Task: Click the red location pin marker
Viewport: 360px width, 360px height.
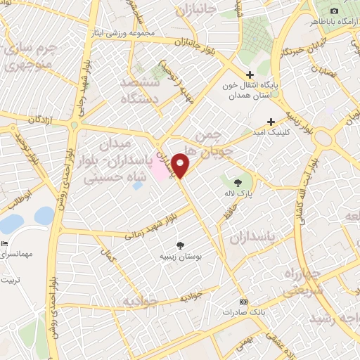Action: [181, 166]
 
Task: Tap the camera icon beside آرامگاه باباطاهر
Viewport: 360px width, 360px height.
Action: [334, 11]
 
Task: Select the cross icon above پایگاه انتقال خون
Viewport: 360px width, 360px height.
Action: [250, 75]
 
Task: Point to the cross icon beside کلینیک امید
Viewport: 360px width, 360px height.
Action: [271, 122]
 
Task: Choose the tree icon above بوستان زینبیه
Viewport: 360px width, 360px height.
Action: [181, 246]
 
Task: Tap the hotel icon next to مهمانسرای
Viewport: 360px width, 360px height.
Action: [5, 243]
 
